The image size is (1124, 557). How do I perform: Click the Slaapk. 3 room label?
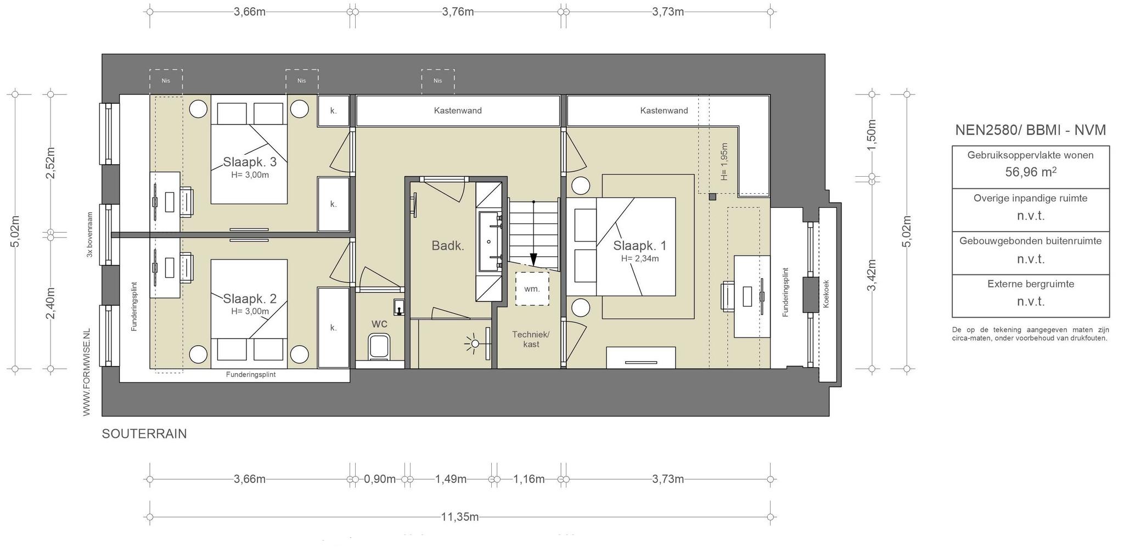[250, 162]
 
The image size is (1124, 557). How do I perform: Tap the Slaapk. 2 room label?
[250, 299]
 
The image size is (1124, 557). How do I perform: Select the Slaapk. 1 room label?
[640, 245]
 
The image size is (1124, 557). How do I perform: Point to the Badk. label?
[448, 246]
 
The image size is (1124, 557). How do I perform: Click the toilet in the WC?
[379, 346]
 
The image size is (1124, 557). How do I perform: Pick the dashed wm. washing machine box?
[532, 289]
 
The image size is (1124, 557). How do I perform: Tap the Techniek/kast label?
[531, 339]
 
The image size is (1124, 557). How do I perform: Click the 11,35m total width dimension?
[460, 517]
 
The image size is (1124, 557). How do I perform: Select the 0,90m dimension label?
[380, 479]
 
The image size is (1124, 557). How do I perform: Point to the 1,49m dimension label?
[451, 479]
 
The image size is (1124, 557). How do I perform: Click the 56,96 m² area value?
[1031, 172]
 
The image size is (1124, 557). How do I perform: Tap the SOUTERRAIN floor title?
[144, 434]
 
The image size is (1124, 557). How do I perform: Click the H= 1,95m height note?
[724, 162]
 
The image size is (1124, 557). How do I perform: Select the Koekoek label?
[827, 294]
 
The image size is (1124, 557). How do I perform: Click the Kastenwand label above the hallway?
[458, 111]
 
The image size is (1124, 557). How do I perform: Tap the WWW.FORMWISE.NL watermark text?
[87, 373]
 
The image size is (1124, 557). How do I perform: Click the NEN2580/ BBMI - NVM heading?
[1030, 130]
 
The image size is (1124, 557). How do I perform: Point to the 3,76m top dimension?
[458, 12]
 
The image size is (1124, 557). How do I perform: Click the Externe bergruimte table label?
[1031, 284]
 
